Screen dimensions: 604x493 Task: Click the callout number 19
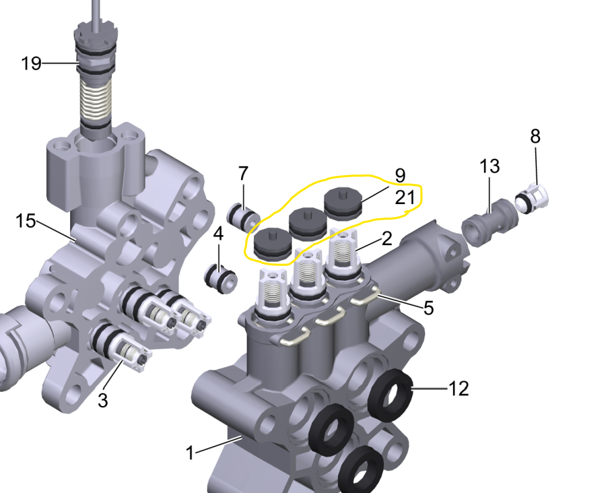31,63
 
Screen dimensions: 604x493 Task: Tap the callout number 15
26,222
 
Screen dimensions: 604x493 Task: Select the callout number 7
243,174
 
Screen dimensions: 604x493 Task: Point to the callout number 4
218,234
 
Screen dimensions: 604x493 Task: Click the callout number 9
400,176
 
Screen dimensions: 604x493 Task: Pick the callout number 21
405,197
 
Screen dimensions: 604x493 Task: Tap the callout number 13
490,166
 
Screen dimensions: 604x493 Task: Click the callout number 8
535,136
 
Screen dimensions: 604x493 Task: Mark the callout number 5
428,308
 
